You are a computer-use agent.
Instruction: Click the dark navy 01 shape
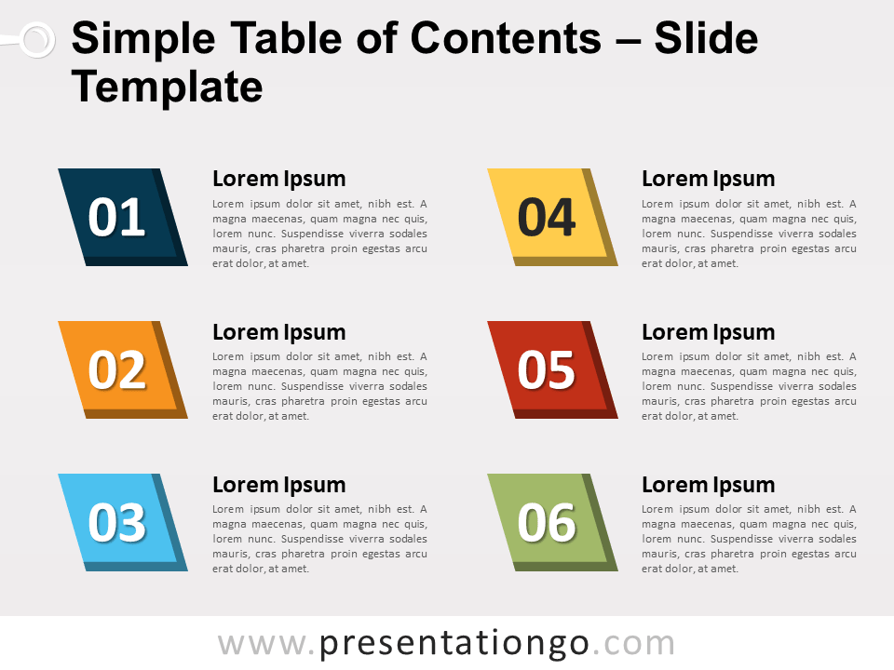(x=119, y=217)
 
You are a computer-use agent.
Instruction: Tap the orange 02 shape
(x=119, y=369)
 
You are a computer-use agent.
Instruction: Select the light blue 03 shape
(x=119, y=522)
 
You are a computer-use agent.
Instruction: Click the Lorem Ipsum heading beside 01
(x=278, y=179)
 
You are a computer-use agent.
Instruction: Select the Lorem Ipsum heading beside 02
(x=278, y=332)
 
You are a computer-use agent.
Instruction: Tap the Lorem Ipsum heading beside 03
(x=278, y=485)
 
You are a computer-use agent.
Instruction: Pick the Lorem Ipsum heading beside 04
(x=708, y=179)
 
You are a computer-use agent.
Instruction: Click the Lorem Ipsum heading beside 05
(x=708, y=332)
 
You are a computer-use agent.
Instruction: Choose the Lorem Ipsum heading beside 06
(x=708, y=485)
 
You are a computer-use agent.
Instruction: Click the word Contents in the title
(x=506, y=39)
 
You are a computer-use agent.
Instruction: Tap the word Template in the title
(x=167, y=87)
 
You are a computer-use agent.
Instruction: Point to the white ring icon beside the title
(x=36, y=39)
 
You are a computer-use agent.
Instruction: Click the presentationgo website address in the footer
(x=446, y=643)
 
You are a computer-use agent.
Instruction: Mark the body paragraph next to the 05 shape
(x=749, y=386)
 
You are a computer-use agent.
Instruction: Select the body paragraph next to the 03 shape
(x=319, y=539)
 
